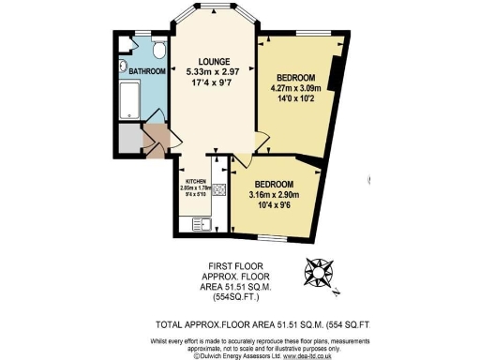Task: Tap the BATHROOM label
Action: tap(147, 71)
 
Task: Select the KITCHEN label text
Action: tap(196, 180)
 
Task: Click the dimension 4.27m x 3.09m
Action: tap(296, 89)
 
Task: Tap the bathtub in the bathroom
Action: tap(130, 104)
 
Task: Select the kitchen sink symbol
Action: tap(200, 223)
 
